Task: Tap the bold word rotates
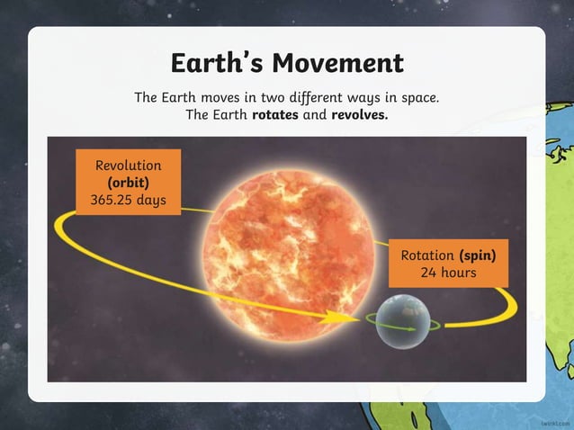277,115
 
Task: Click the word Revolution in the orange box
128,166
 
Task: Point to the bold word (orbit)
128,183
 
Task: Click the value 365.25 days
128,200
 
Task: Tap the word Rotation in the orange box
426,255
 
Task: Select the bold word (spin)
478,255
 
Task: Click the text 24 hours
448,272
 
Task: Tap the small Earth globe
400,320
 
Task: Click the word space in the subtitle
419,97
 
